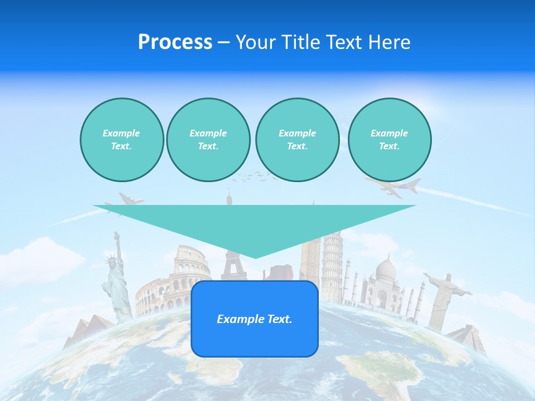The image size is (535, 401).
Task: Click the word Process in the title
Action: click(175, 42)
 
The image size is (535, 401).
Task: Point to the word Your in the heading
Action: click(256, 42)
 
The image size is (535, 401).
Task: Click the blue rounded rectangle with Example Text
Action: click(255, 319)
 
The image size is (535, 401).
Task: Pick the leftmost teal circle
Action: click(121, 139)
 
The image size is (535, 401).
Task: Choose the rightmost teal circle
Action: click(390, 139)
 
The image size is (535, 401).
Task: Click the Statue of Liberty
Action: click(116, 278)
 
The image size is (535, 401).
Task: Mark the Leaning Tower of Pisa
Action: click(332, 267)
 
